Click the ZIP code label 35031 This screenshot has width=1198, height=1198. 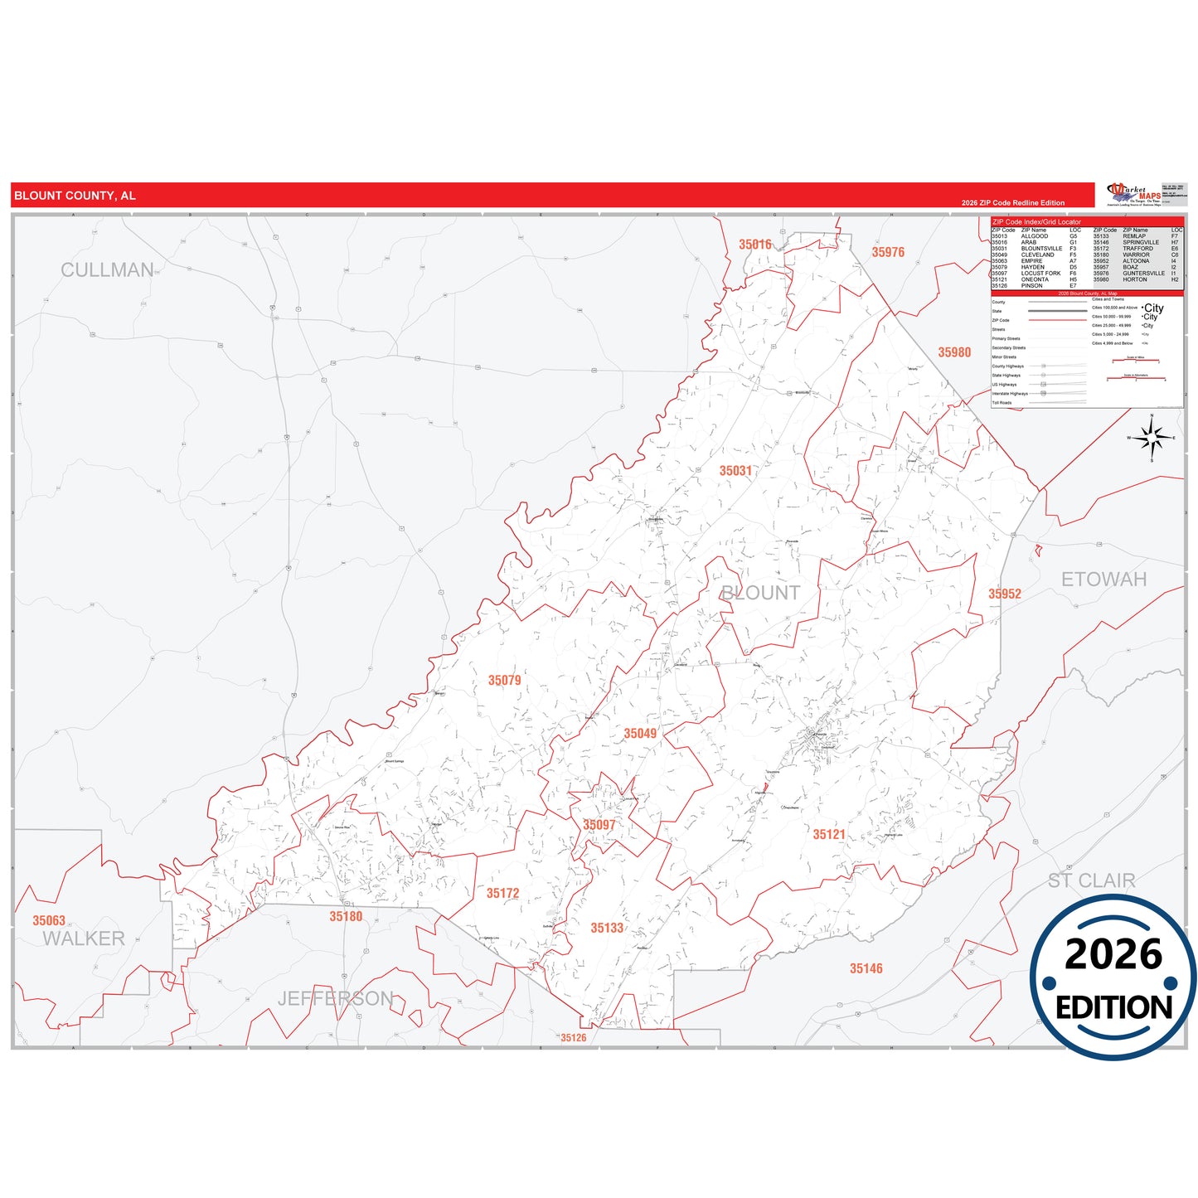pyautogui.click(x=735, y=471)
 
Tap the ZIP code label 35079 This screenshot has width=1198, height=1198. pyautogui.click(x=504, y=681)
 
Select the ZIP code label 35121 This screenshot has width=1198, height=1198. pyautogui.click(x=829, y=834)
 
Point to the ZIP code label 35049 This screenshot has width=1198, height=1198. pyautogui.click(x=640, y=734)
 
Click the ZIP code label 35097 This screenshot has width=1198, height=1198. pyautogui.click(x=599, y=825)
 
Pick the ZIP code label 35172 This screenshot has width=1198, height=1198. pyautogui.click(x=502, y=893)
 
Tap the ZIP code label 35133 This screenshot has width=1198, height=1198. pyautogui.click(x=607, y=928)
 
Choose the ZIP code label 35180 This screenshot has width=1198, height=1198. pyautogui.click(x=346, y=916)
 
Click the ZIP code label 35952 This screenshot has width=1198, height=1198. pyautogui.click(x=1004, y=594)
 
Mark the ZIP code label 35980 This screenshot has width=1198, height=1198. pyautogui.click(x=954, y=352)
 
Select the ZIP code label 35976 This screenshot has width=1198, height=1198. pyautogui.click(x=888, y=252)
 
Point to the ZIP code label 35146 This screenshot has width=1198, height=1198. pyautogui.click(x=866, y=968)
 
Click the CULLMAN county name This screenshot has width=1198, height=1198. pyautogui.click(x=107, y=270)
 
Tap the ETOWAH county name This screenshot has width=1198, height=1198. pyautogui.click(x=1103, y=580)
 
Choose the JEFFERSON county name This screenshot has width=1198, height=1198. pyautogui.click(x=335, y=998)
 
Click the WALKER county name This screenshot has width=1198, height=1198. pyautogui.click(x=84, y=939)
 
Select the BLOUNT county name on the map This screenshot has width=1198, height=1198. pyautogui.click(x=760, y=593)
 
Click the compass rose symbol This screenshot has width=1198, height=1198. pyautogui.click(x=1152, y=438)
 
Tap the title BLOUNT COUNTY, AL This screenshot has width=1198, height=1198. pyautogui.click(x=75, y=196)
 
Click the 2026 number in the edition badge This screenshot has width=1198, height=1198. pyautogui.click(x=1113, y=954)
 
